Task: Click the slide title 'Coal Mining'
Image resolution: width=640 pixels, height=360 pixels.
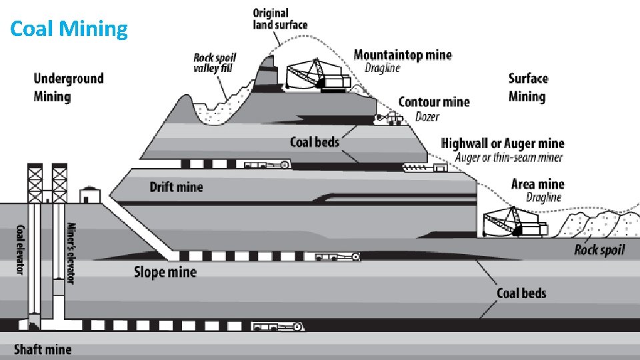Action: pos(69,29)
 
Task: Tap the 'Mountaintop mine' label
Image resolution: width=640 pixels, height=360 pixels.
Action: pos(402,55)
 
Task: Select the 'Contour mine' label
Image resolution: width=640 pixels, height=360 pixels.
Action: pos(433,102)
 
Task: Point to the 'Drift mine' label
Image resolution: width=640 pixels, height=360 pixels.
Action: pos(176,187)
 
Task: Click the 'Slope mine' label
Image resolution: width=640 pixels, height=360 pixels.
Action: pos(165,272)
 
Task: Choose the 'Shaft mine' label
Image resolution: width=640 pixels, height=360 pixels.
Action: pos(43,349)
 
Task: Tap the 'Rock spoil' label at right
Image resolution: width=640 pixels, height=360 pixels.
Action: pos(599,250)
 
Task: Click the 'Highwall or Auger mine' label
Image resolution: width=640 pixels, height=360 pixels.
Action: pos(503,143)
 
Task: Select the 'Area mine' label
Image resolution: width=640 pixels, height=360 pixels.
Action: pos(537,184)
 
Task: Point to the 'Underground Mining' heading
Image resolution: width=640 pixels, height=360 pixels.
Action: pos(69,87)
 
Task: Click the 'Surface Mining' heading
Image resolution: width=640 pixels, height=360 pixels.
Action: pos(528,87)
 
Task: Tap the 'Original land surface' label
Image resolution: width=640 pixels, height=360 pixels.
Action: pos(280,19)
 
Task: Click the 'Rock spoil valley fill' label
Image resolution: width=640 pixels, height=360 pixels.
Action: pos(215,63)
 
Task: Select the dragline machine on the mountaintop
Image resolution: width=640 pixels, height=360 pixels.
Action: pos(313,75)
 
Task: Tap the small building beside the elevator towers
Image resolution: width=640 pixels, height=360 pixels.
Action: pos(89,195)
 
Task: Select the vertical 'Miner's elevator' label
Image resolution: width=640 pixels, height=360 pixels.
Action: pos(71,253)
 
